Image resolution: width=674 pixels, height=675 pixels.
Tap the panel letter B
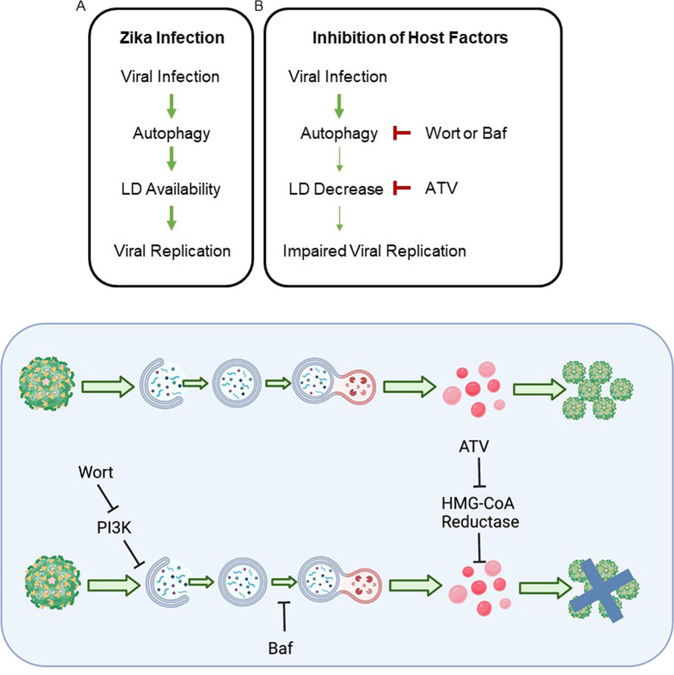click(x=258, y=5)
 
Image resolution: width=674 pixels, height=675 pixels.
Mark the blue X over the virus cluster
click(x=610, y=585)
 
